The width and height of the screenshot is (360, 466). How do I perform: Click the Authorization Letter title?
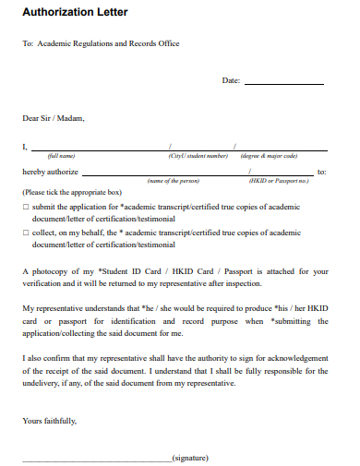(75, 13)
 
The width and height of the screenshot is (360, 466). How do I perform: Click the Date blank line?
(284, 83)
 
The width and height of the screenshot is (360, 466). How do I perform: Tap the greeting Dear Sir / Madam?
(53, 118)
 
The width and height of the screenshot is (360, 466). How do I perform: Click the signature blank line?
(96, 456)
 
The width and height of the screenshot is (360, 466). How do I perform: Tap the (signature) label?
(190, 456)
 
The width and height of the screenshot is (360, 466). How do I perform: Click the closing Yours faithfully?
(50, 421)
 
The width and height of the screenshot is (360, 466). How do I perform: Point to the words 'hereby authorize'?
(50, 172)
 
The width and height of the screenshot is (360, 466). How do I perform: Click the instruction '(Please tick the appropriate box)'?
(72, 193)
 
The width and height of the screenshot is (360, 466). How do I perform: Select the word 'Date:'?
(231, 81)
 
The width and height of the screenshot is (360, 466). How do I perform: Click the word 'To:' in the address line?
(28, 43)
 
